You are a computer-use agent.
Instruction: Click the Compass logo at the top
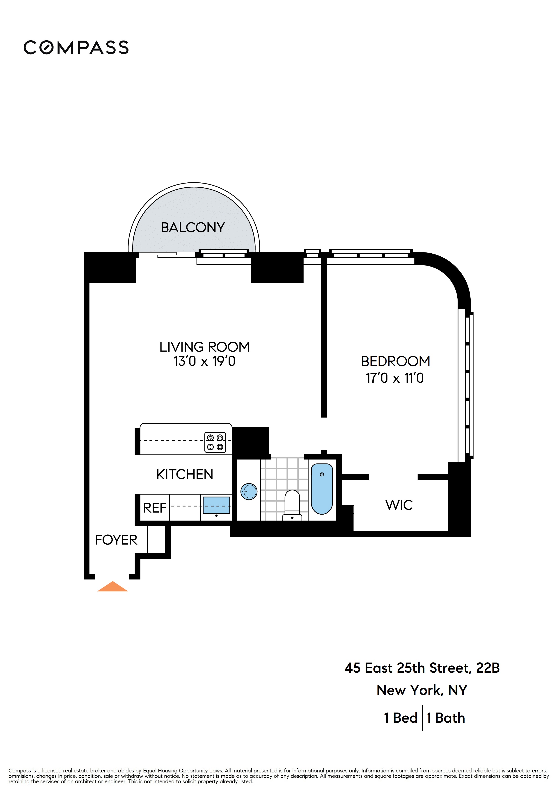(76, 48)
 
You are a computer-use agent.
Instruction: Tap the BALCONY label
(193, 227)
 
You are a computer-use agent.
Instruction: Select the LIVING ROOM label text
(205, 347)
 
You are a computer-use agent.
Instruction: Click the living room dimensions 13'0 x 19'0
(205, 361)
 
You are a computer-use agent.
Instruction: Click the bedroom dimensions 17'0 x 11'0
(395, 378)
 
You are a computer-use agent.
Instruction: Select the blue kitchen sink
(216, 505)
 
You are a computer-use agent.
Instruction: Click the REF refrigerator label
(155, 508)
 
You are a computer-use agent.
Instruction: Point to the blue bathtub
(322, 489)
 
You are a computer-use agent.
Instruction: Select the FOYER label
(116, 540)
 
